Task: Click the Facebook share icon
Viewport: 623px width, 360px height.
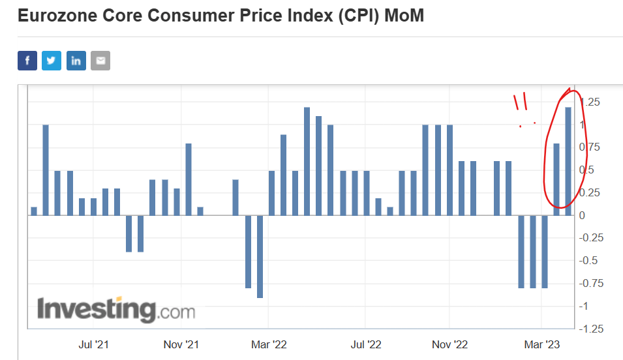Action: tap(27, 61)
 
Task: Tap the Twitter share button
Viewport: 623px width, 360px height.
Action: tap(52, 61)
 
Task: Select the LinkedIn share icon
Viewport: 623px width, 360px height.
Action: tap(76, 61)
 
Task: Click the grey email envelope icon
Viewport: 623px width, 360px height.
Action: tap(100, 61)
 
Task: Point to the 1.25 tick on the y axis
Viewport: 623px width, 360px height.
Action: tap(590, 102)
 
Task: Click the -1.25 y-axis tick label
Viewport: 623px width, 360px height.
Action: tap(590, 329)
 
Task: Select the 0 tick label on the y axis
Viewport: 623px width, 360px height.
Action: tap(582, 215)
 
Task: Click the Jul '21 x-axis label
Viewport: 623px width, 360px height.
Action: tap(93, 344)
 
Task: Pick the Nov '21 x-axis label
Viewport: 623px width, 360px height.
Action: tap(181, 344)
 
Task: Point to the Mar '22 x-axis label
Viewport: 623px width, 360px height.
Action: tap(268, 344)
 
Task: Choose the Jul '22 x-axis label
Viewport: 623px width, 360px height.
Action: tap(365, 344)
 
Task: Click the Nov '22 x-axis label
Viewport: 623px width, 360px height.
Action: tap(450, 344)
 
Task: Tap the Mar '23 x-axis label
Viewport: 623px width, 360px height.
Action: tap(541, 344)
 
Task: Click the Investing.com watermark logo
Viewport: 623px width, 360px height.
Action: tap(116, 309)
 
